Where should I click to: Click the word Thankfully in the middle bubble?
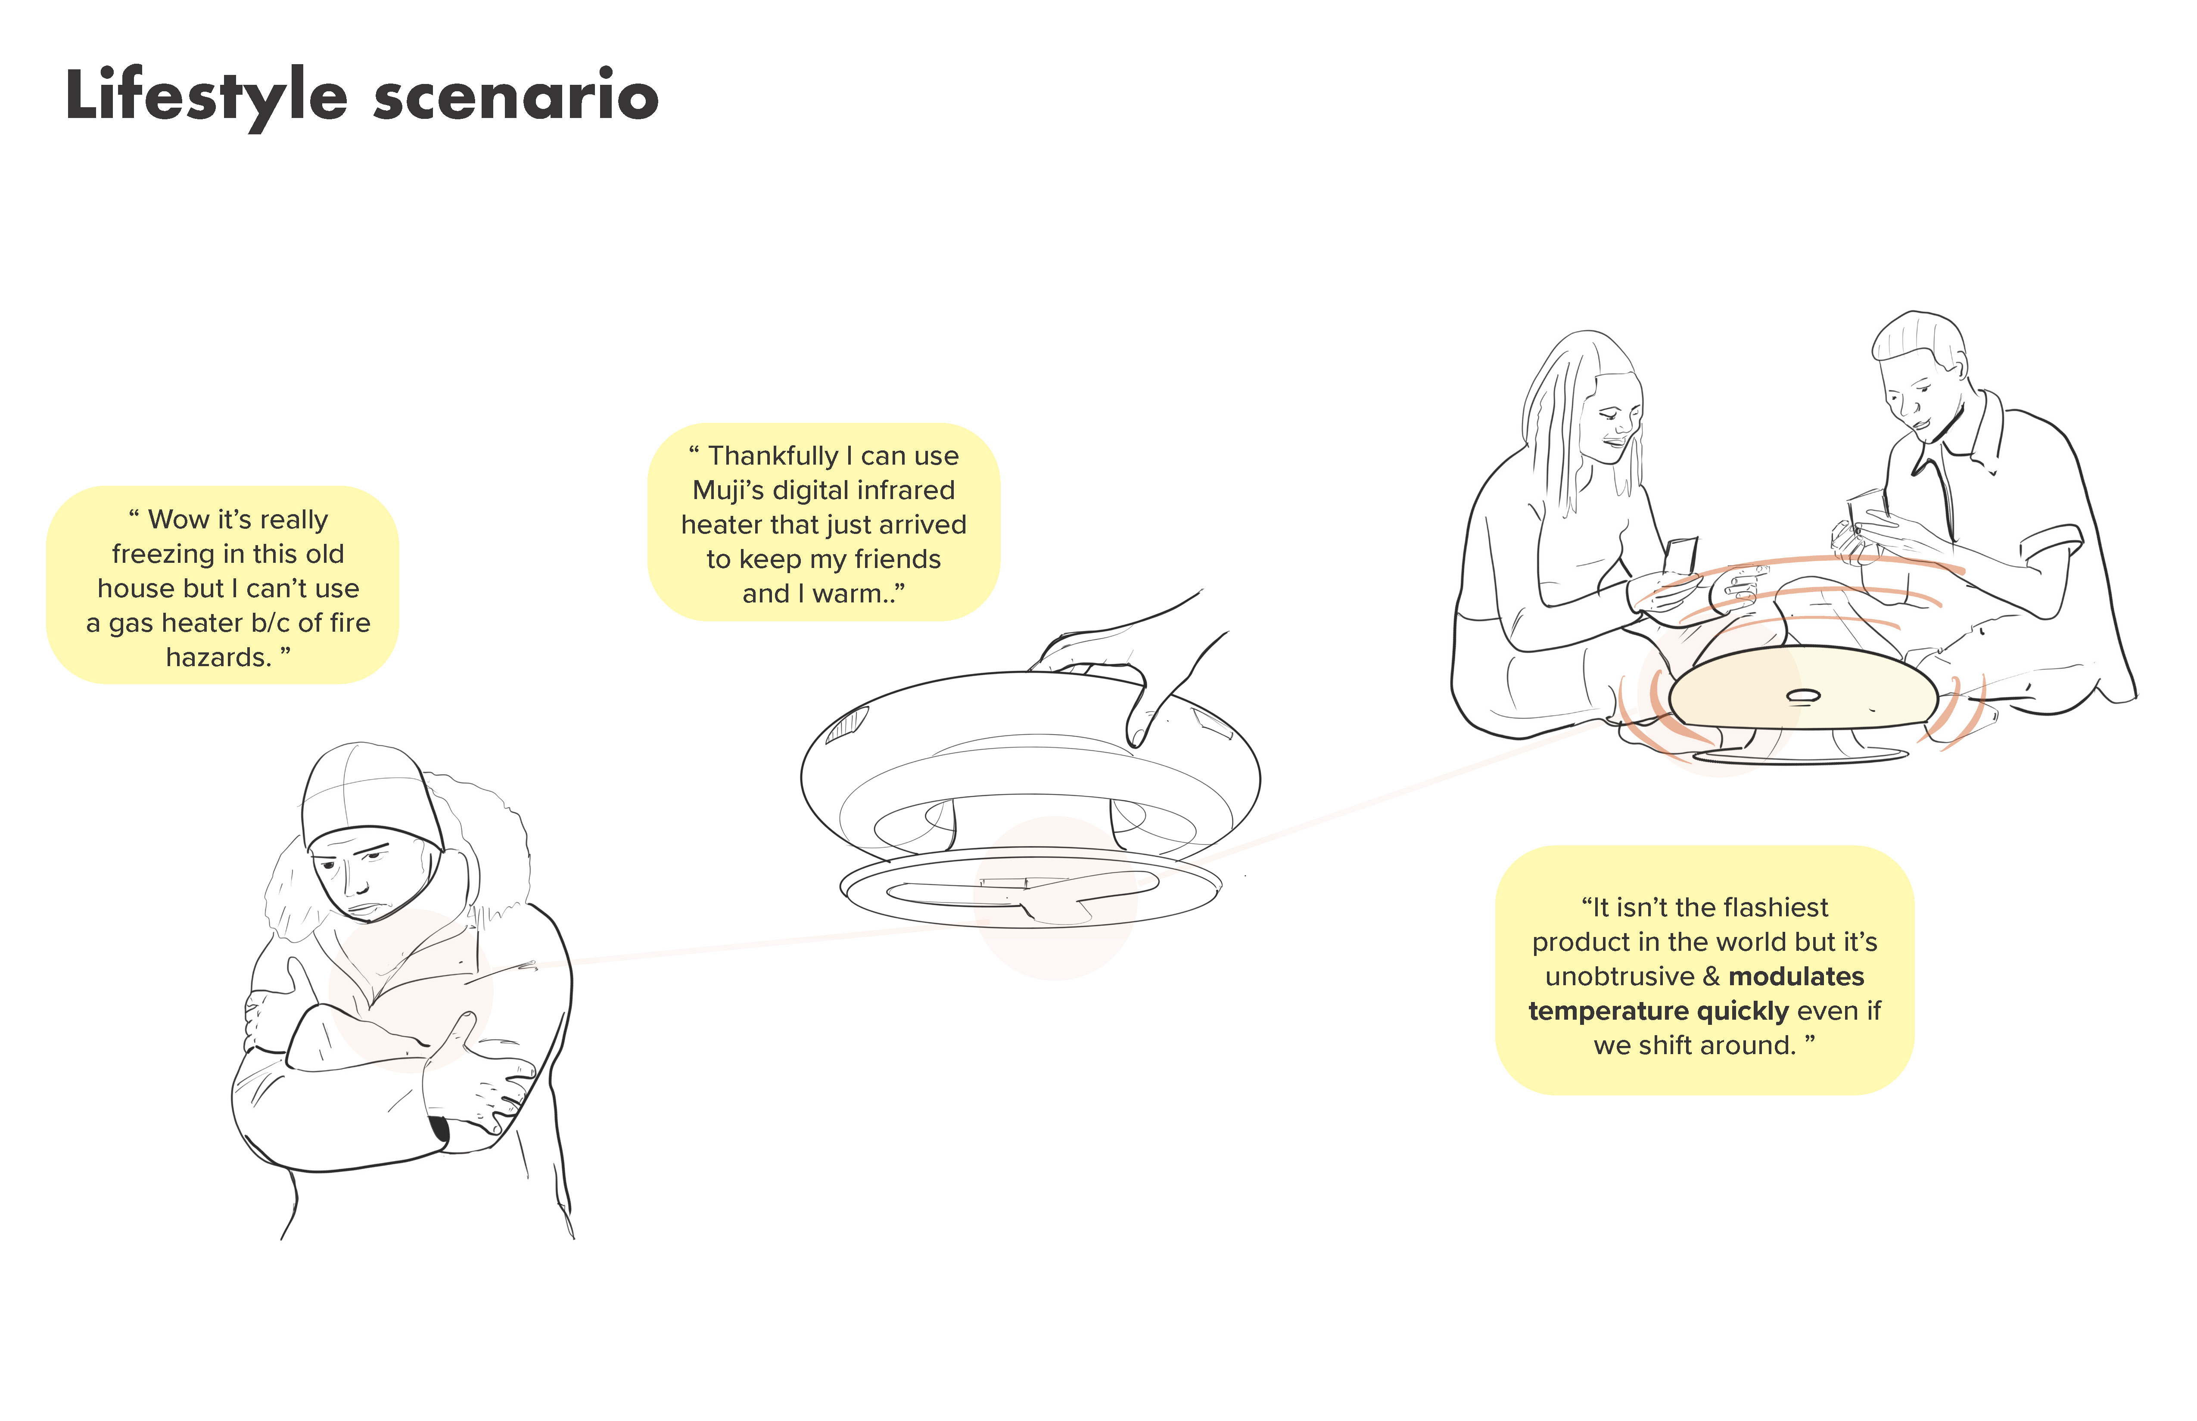coord(773,456)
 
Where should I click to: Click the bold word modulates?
coord(1796,976)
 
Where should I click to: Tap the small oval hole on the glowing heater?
coord(1803,696)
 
